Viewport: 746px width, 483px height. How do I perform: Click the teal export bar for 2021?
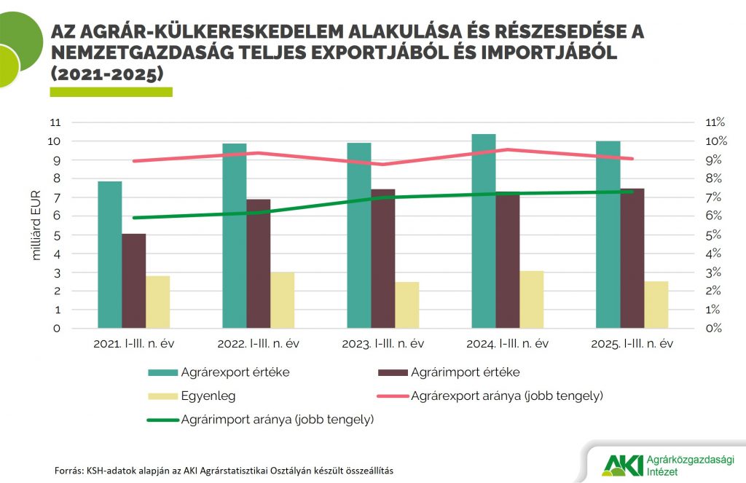click(x=109, y=255)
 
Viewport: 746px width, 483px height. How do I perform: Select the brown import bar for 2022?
click(x=259, y=264)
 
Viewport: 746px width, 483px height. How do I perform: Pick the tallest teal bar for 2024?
click(x=483, y=231)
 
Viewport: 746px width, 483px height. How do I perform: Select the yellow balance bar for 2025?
click(x=656, y=305)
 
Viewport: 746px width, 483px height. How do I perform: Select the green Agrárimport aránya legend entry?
click(x=278, y=420)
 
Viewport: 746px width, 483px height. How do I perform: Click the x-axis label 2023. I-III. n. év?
click(x=382, y=344)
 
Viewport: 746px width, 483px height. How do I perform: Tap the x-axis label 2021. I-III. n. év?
click(x=133, y=344)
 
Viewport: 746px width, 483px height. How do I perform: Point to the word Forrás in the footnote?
click(x=69, y=471)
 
